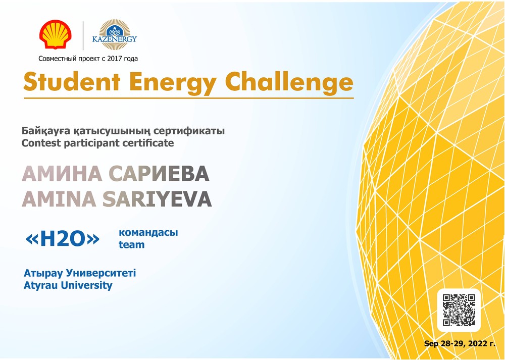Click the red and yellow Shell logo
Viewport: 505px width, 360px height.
pyautogui.click(x=56, y=34)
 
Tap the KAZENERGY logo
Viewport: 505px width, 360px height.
pyautogui.click(x=115, y=35)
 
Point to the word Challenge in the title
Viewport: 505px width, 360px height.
pyautogui.click(x=289, y=82)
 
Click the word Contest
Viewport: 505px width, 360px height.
pyautogui.click(x=41, y=143)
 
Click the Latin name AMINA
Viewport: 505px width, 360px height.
pyautogui.click(x=59, y=199)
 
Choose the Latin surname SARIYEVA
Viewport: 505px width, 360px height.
pyautogui.click(x=157, y=199)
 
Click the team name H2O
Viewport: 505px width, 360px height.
pyautogui.click(x=63, y=239)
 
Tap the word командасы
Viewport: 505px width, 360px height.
pyautogui.click(x=148, y=232)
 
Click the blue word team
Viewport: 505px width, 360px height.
pyautogui.click(x=131, y=245)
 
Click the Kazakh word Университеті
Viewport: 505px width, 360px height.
pyautogui.click(x=101, y=273)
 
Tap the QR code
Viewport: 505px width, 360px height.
pyautogui.click(x=459, y=310)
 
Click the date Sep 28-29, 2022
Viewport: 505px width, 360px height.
pyautogui.click(x=457, y=343)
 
